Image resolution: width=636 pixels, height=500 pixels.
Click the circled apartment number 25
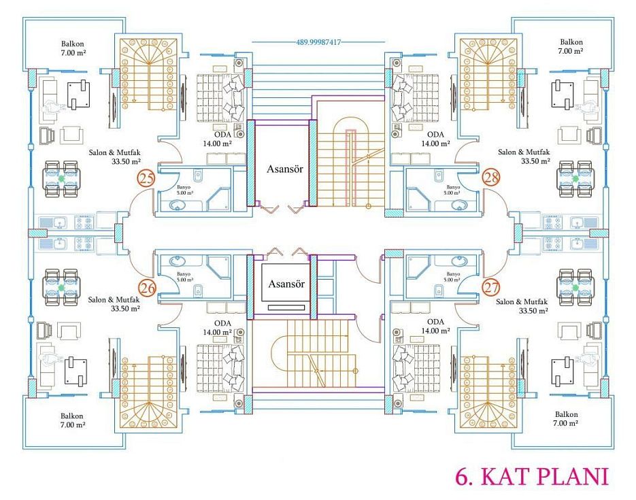(146, 178)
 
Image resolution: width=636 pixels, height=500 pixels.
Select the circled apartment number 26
(147, 288)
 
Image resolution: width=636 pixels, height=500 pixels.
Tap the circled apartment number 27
(492, 288)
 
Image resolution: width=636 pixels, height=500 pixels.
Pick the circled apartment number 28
(491, 177)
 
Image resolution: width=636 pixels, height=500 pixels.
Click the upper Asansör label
(285, 169)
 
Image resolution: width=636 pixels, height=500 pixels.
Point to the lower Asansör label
(286, 284)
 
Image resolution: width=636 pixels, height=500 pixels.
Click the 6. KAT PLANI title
(532, 476)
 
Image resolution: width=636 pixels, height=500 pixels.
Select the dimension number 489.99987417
(318, 41)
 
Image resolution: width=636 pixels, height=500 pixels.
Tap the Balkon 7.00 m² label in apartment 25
(73, 48)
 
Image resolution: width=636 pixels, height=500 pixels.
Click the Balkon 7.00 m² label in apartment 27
(567, 418)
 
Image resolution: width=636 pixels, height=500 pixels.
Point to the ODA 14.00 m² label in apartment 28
(435, 139)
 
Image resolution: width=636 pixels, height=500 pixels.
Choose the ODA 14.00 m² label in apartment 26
(218, 328)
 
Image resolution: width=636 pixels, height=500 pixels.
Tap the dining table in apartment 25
(61, 179)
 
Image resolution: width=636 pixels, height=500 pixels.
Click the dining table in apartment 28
(575, 179)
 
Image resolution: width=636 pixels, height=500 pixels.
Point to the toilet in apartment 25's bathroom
(197, 176)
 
